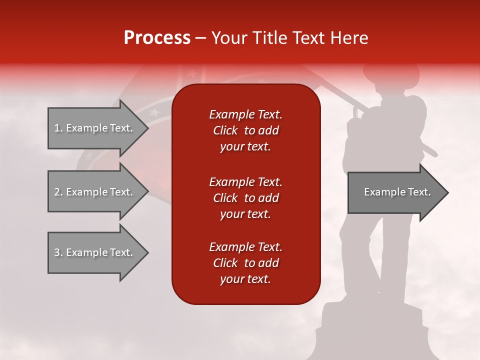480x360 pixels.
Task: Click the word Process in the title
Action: coord(157,38)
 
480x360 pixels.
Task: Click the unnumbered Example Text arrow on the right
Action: coord(397,192)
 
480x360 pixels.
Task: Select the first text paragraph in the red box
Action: coord(245,130)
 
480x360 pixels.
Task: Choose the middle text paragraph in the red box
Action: coord(245,197)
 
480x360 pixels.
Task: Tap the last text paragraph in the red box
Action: coord(245,263)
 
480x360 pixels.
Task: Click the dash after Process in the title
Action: coord(201,38)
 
